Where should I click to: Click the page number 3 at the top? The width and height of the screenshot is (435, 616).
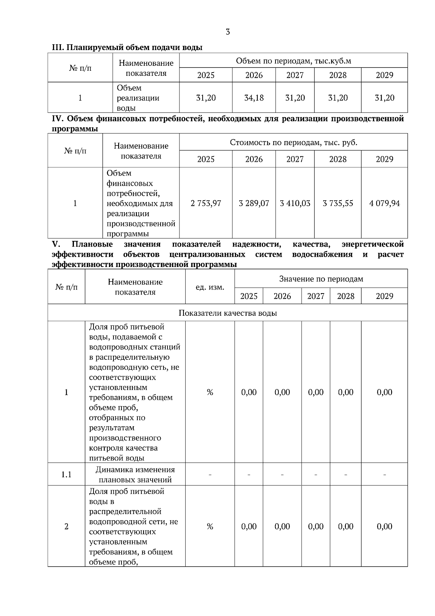[x=228, y=32]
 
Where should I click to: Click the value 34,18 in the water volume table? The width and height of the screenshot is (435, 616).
[x=254, y=98]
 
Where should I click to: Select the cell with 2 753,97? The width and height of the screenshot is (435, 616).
[x=206, y=203]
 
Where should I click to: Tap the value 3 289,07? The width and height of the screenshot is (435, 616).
[x=254, y=203]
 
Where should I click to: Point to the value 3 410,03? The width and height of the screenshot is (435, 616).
[x=295, y=203]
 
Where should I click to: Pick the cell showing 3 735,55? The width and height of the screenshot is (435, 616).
[x=338, y=203]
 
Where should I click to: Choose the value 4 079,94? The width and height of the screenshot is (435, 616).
[x=385, y=203]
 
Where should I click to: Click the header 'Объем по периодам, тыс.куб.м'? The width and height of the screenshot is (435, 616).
[x=293, y=61]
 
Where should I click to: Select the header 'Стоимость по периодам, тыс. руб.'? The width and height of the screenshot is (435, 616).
[x=293, y=143]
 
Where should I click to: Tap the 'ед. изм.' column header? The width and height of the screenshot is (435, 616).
[x=210, y=287]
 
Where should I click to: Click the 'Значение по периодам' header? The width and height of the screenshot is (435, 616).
[x=321, y=279]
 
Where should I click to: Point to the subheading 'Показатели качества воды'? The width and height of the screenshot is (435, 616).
[x=228, y=313]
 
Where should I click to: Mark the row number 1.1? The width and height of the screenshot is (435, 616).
[x=66, y=475]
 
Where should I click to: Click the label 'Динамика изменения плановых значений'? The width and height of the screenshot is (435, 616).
[x=135, y=475]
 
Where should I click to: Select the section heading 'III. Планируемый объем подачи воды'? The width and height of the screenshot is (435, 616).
[x=127, y=48]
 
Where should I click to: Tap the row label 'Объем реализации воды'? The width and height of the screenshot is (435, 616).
[x=138, y=98]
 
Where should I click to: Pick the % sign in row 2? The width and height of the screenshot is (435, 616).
[x=210, y=526]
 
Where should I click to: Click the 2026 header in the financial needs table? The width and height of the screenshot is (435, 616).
[x=254, y=159]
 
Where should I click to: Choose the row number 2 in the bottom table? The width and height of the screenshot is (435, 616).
[x=66, y=526]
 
